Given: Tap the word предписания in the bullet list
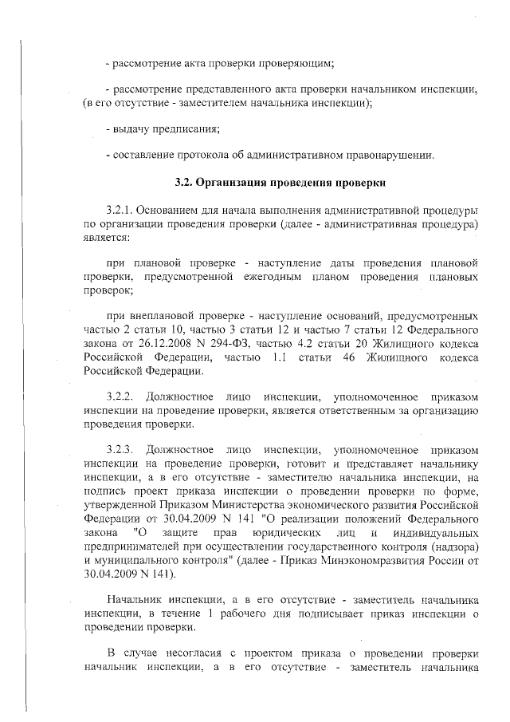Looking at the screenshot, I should click(186, 129).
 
